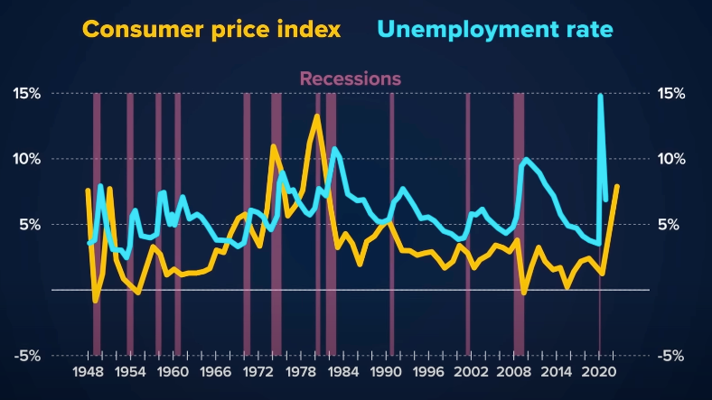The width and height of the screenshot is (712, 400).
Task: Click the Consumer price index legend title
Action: point(211,30)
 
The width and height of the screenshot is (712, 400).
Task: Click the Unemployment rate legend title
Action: point(495,30)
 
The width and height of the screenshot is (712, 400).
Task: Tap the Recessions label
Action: point(351,79)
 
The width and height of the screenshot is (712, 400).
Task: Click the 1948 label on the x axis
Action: point(88,372)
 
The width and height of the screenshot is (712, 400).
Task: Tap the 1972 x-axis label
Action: point(258,372)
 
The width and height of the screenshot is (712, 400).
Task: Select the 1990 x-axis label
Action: point(386,372)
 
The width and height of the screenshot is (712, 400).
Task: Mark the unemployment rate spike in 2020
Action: point(601,96)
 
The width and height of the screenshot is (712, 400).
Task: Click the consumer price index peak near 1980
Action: point(317,116)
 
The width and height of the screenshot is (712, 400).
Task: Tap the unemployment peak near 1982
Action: point(335,149)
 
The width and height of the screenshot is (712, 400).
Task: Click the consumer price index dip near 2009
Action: point(524,293)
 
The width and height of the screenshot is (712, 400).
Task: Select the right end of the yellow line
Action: point(617,186)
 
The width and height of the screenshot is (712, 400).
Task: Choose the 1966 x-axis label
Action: point(215,372)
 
